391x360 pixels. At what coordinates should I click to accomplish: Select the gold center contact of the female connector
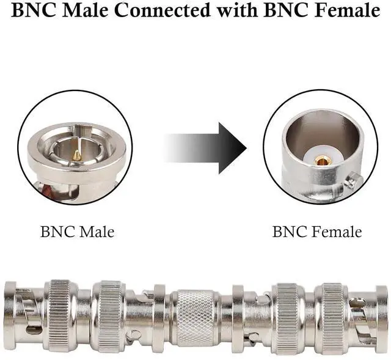point(323,161)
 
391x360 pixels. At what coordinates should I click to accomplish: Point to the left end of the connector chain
point(9,315)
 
